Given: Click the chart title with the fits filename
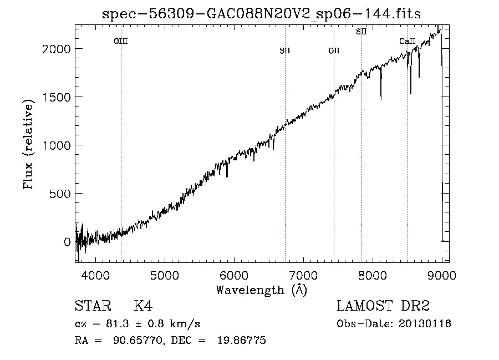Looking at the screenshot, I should coord(262,14).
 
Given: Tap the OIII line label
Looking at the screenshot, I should coord(120,41).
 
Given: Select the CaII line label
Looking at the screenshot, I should coord(408,41).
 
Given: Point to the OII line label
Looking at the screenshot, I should coord(334,51).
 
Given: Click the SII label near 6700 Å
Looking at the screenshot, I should coord(285,51).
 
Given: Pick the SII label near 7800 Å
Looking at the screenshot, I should coord(361,32).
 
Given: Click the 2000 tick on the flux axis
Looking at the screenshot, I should coord(57,49).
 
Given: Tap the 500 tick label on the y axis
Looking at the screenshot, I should coord(60,194).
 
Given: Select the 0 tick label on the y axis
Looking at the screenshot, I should coord(67,242).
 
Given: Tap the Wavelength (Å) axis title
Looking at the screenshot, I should coord(261,289).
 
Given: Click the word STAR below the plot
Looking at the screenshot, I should coord(90,306).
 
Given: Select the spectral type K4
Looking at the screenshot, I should coord(143,306).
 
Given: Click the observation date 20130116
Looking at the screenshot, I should coord(425,324).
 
